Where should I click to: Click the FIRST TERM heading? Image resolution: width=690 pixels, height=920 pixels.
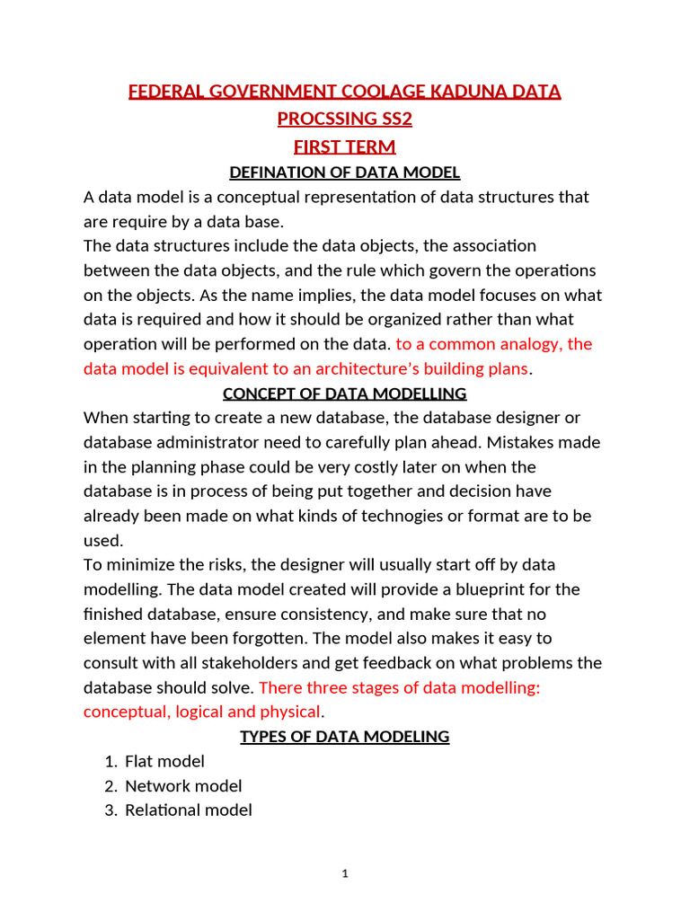tap(345, 146)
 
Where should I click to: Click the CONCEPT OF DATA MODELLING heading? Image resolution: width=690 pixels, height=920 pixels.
tap(345, 393)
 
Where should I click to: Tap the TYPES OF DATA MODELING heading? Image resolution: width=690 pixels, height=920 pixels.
tap(345, 737)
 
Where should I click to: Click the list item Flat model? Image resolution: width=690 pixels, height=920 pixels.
tap(164, 761)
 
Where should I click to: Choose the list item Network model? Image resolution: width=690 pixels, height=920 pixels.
tap(183, 786)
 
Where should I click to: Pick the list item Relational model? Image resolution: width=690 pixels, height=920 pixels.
tap(188, 810)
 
